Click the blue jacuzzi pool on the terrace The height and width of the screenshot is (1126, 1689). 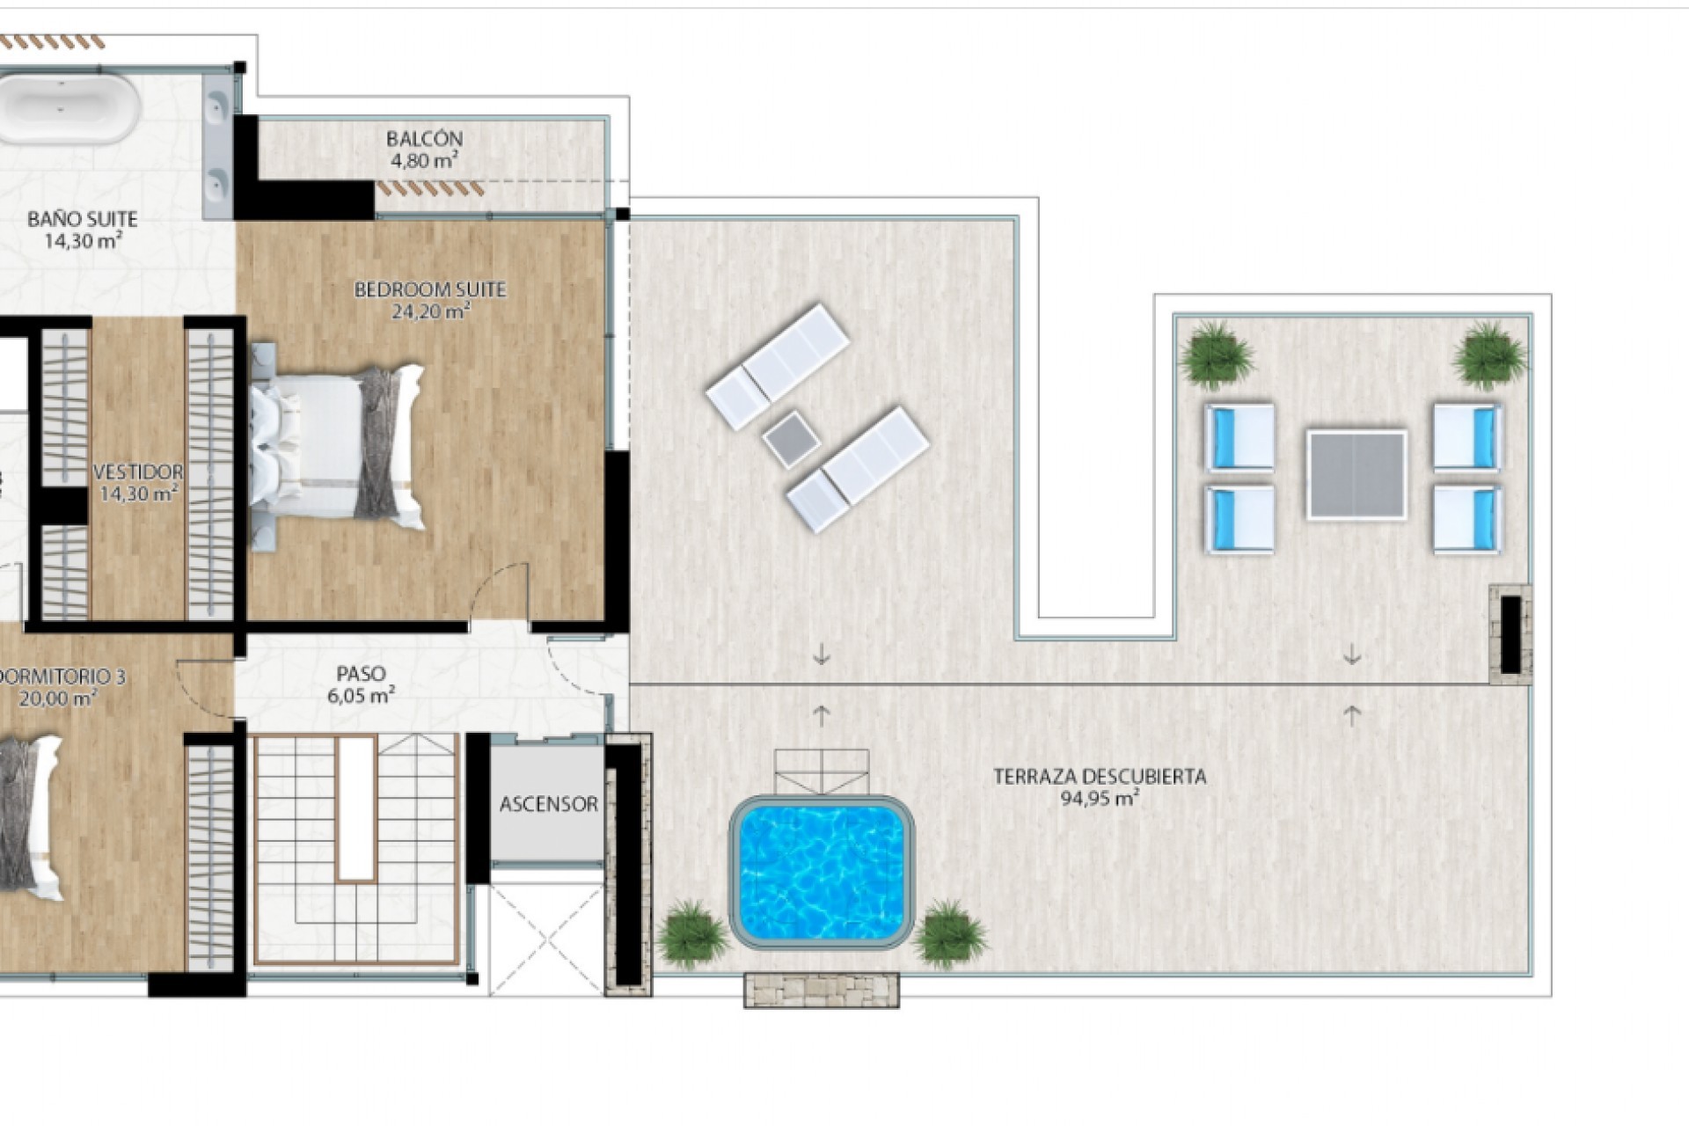tap(821, 868)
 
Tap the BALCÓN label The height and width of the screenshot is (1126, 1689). tap(424, 139)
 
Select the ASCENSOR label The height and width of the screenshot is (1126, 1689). tap(548, 804)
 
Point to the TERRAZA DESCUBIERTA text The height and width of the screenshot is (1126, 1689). tap(1100, 777)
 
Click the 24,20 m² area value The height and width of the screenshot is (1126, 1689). tap(430, 311)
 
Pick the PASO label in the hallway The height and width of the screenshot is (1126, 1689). tap(361, 674)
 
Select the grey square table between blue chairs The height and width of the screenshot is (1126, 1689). tap(1356, 474)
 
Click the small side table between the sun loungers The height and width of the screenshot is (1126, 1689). tap(789, 439)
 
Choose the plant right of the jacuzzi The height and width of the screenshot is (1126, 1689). tap(949, 934)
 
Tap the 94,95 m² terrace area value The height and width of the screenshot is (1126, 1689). tap(1100, 799)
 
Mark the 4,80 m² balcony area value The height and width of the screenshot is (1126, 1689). tap(424, 161)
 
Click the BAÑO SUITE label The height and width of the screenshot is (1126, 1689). tap(83, 219)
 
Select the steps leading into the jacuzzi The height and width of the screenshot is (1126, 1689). tap(821, 771)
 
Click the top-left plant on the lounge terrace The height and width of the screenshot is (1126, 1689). tap(1217, 354)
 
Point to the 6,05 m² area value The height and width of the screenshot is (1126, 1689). tap(361, 696)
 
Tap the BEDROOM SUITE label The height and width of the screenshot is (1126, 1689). tap(430, 289)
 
